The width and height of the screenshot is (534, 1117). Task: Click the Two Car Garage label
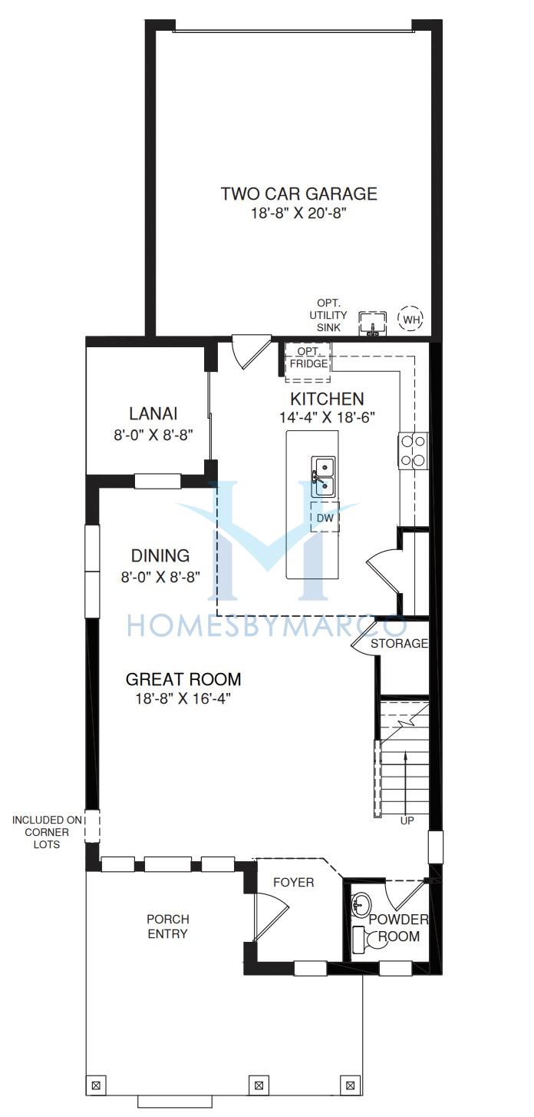tap(299, 194)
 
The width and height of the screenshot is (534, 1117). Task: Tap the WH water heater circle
tap(410, 319)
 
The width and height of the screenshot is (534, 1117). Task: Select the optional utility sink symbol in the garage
tap(373, 323)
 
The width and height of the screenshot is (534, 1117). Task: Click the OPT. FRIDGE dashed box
tap(308, 363)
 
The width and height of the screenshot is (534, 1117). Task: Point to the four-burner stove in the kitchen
tap(413, 451)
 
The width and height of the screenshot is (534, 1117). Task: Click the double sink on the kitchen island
tap(323, 477)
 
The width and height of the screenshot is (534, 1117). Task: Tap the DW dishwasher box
tap(325, 517)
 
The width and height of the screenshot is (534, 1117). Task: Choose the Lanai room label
tap(153, 413)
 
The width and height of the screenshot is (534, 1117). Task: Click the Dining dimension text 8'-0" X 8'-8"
tap(160, 577)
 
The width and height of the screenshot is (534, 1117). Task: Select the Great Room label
tap(183, 679)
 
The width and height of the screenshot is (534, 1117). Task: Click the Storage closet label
tap(399, 643)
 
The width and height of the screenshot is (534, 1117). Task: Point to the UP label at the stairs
tap(407, 820)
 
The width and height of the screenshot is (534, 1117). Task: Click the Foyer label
tap(293, 883)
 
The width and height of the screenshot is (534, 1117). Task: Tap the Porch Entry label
tap(168, 926)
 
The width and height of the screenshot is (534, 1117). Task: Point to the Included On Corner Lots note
tap(47, 832)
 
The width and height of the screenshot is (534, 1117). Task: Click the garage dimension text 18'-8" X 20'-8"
tap(298, 214)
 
